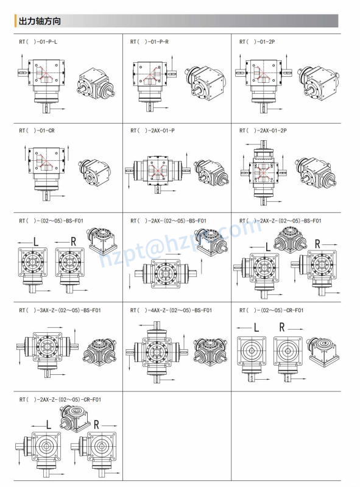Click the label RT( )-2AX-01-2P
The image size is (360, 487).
[x=263, y=130]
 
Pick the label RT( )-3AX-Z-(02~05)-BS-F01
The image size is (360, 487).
[x=60, y=310]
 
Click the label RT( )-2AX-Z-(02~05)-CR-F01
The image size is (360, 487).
[x=60, y=399]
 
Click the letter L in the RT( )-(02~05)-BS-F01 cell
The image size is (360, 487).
[x=35, y=241]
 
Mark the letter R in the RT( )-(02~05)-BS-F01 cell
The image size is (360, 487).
[x=73, y=241]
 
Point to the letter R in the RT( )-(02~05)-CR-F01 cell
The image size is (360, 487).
[x=282, y=327]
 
